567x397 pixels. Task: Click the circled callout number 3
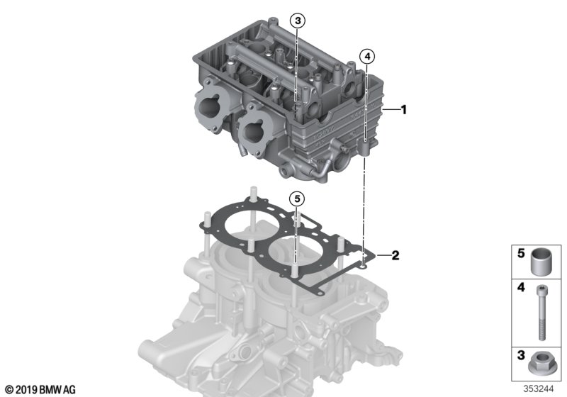298,21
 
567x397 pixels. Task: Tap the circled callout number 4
367,57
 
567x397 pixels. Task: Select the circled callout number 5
297,198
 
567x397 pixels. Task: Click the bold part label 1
404,110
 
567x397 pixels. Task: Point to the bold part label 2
395,255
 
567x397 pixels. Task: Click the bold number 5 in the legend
521,253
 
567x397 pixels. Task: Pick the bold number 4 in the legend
521,288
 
